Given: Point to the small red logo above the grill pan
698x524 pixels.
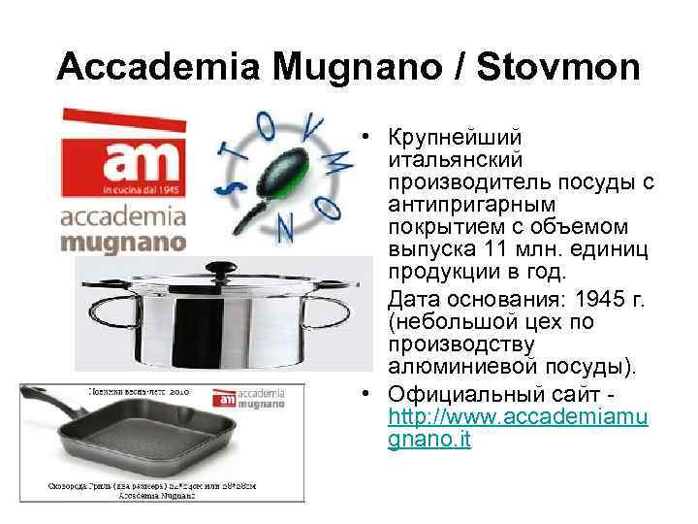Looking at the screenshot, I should point(223,398).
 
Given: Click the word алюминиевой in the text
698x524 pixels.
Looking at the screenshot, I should point(450,367).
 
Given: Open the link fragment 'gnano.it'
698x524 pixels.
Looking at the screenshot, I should point(428,440).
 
